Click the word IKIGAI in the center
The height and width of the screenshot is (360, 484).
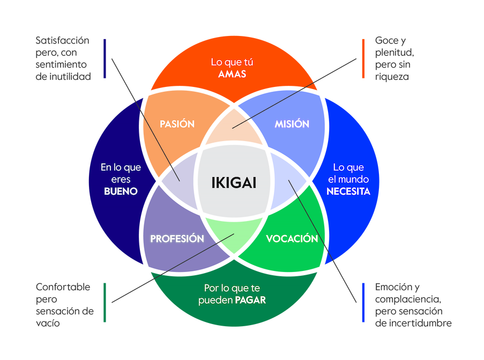[233, 182]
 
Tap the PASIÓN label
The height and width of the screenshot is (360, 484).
[177, 124]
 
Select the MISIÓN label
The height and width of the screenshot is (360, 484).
[292, 124]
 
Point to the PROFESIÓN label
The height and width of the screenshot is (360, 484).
[177, 239]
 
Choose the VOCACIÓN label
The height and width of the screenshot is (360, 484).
[292, 239]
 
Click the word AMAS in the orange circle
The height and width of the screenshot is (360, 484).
[232, 74]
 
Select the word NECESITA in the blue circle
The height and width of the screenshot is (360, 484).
[348, 191]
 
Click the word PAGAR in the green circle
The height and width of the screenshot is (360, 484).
[250, 300]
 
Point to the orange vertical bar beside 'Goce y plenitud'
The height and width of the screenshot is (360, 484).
[363, 58]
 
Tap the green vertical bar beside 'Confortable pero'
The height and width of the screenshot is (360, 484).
[105, 303]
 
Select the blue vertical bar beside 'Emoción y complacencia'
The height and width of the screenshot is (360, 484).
[363, 303]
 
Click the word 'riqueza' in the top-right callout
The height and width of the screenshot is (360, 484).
[392, 77]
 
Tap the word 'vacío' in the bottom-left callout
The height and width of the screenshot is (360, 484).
[49, 324]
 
